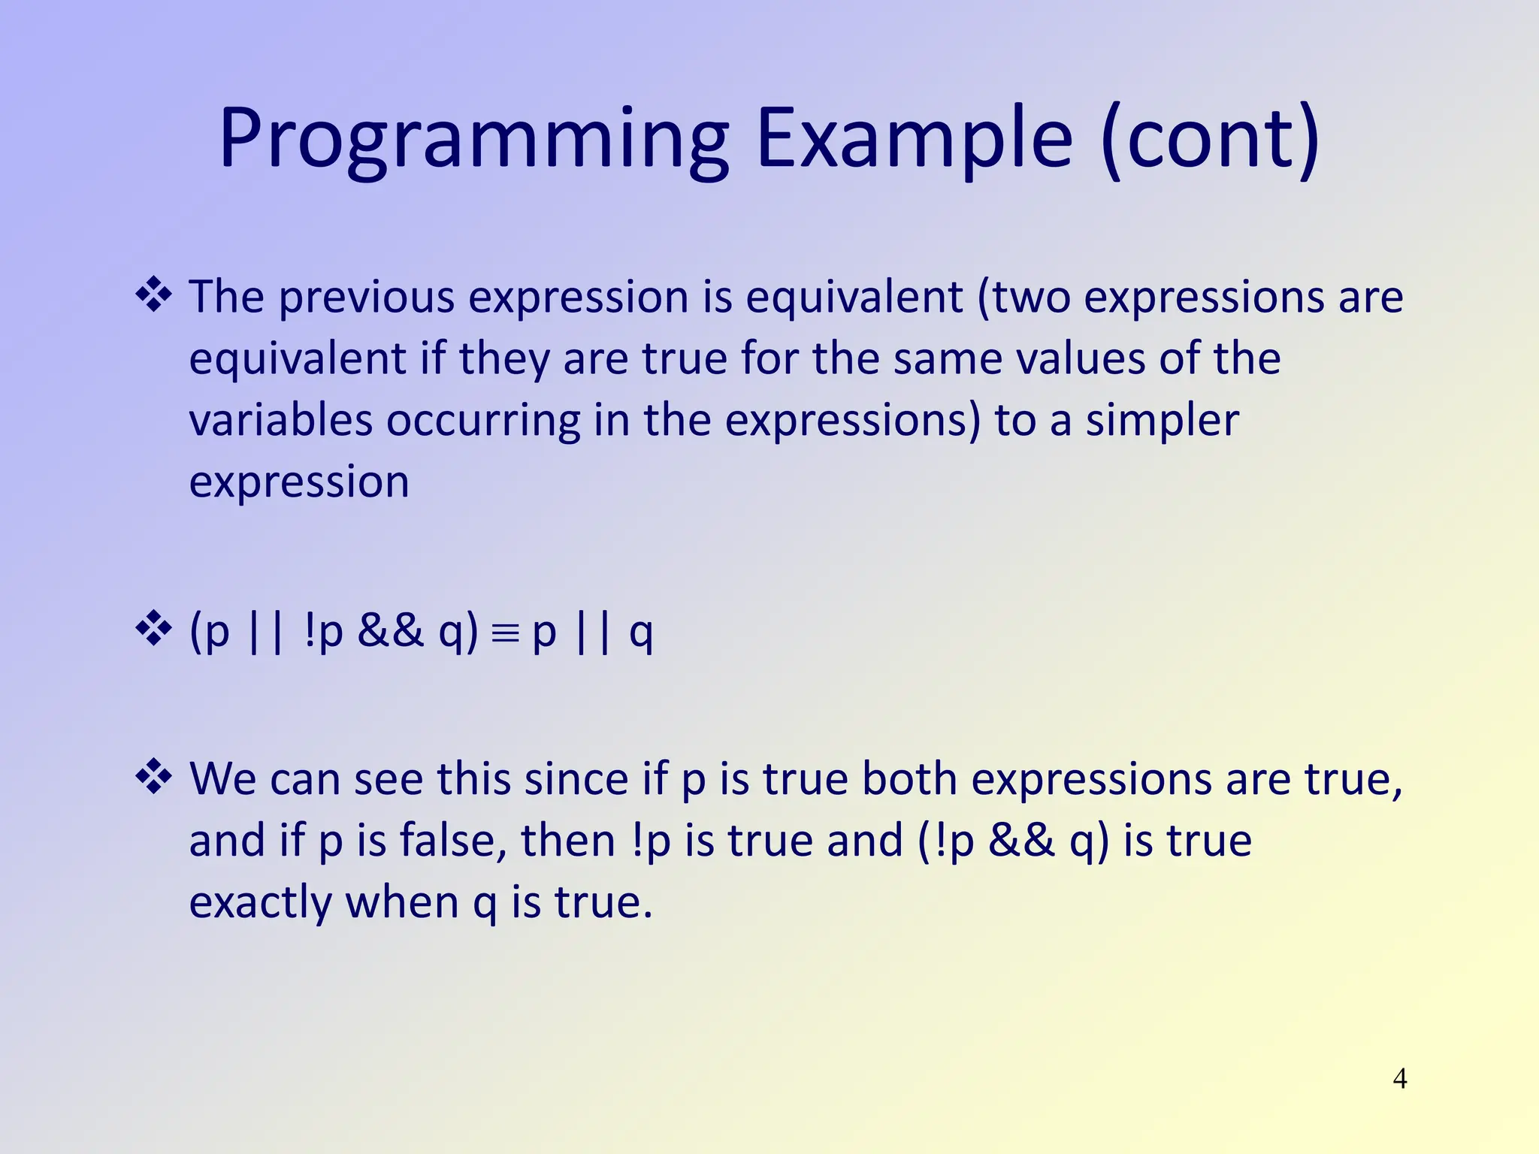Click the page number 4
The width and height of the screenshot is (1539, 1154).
tap(1399, 1079)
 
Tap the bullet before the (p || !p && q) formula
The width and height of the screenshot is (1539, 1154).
tap(154, 629)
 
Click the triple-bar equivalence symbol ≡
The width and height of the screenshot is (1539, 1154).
tap(505, 633)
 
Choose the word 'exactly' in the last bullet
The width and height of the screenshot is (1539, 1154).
tap(260, 903)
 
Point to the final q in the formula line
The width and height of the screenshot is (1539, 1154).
tap(640, 633)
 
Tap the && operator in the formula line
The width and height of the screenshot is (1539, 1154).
tap(391, 630)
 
